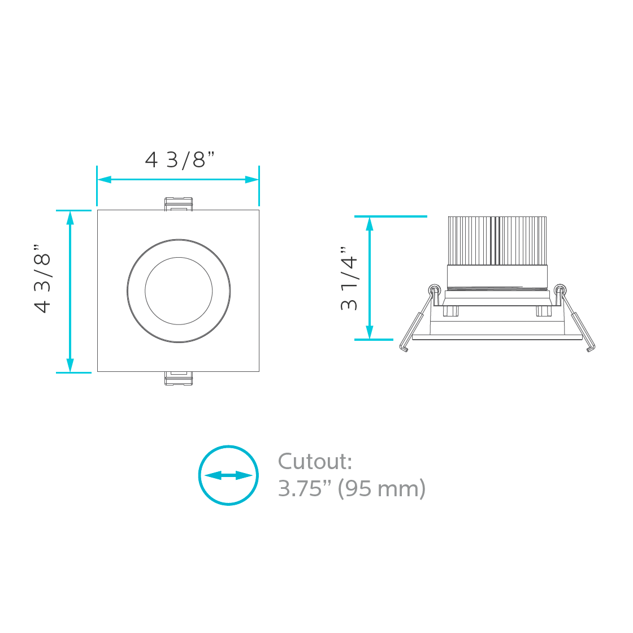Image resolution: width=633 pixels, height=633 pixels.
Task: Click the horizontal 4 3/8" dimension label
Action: point(180,160)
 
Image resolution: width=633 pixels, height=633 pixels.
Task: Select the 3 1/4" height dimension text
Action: point(349,279)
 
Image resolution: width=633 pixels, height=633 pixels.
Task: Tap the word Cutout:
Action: point(315,462)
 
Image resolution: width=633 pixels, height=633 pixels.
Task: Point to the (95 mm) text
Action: point(381,489)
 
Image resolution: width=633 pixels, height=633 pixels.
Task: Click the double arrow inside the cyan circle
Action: point(228,475)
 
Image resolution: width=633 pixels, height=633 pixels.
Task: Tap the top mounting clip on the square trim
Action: point(178,204)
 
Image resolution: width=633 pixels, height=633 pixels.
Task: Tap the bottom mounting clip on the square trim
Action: point(178,378)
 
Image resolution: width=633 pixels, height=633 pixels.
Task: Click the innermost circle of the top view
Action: point(179,291)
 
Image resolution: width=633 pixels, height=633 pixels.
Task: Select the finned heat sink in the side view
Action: point(497,240)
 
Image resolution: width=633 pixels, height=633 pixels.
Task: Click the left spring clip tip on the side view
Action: point(404,348)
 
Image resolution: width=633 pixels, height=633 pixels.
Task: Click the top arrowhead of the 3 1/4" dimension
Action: point(370,224)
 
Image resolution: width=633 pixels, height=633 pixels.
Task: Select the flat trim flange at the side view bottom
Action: point(497,337)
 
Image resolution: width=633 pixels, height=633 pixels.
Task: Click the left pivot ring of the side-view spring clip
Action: point(433,289)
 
